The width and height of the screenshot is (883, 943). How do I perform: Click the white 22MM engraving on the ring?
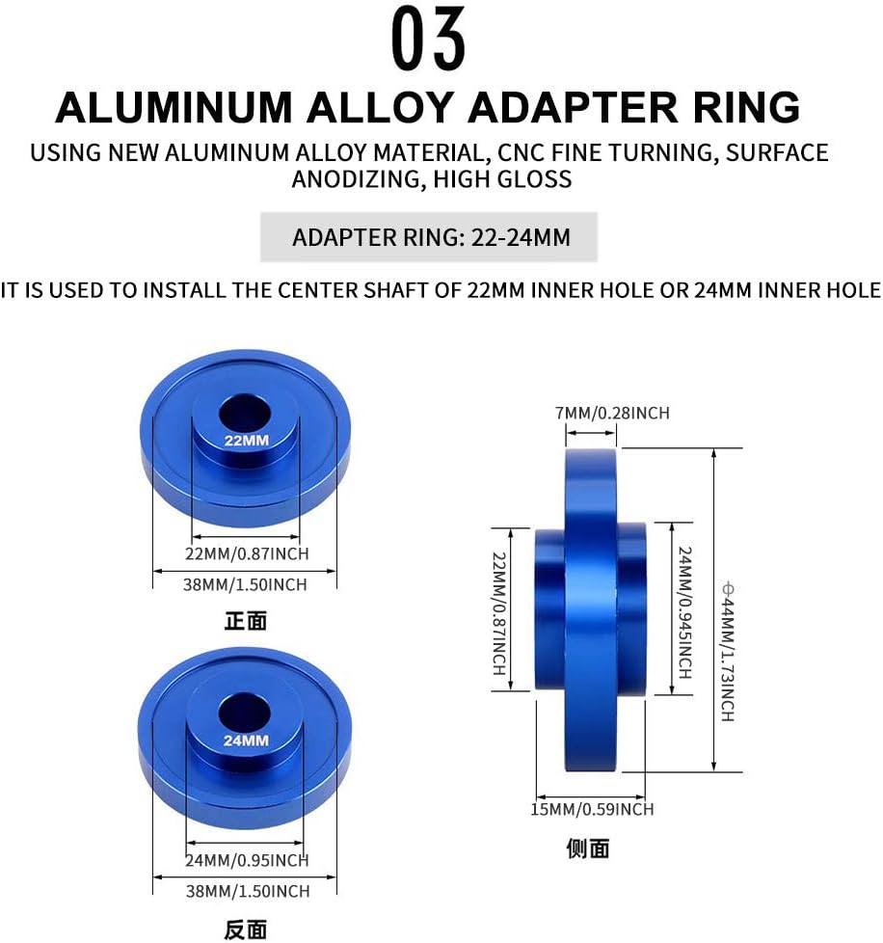tap(246, 441)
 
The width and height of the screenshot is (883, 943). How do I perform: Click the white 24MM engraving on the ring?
tap(246, 741)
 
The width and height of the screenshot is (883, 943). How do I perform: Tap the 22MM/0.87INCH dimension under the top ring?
tap(247, 553)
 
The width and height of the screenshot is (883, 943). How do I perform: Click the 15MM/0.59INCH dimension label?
tap(593, 809)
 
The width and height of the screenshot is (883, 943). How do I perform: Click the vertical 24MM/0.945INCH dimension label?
tap(684, 612)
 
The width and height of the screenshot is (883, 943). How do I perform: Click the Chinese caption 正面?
tap(245, 622)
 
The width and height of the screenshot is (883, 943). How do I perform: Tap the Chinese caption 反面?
tap(245, 930)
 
